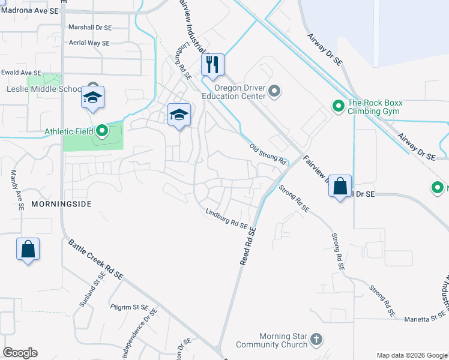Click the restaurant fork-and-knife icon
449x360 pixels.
(x=212, y=65)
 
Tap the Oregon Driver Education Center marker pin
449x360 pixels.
(x=274, y=91)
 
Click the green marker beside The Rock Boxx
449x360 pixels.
(x=338, y=107)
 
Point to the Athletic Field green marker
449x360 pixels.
(x=102, y=130)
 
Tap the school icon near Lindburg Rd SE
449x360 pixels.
(x=179, y=114)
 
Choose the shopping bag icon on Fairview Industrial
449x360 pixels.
(x=340, y=186)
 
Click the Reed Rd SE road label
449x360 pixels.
(x=248, y=246)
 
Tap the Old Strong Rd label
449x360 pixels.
(x=267, y=154)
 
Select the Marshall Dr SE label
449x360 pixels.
(x=90, y=27)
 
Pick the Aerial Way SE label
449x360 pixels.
(x=89, y=43)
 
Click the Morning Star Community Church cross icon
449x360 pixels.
(x=316, y=340)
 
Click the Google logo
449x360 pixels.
(x=20, y=353)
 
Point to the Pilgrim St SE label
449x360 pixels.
(x=129, y=307)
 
